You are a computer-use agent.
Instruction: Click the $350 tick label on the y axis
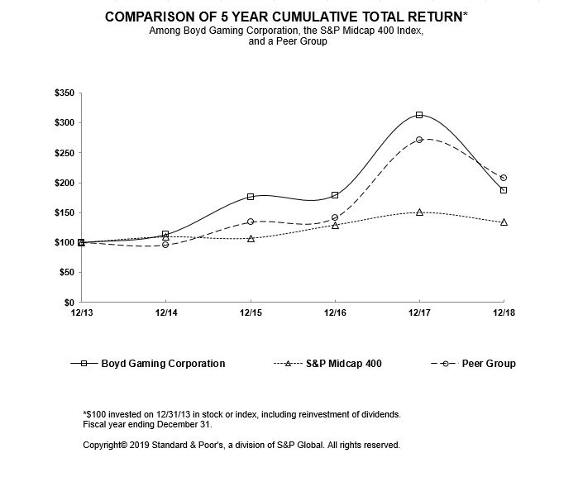(64, 93)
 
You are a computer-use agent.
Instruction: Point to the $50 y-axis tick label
(66, 272)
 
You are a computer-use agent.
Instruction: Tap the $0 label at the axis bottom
(69, 303)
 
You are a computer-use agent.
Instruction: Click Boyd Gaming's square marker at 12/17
(419, 115)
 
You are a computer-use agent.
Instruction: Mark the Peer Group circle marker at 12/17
(419, 140)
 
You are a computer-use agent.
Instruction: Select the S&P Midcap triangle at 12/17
(419, 212)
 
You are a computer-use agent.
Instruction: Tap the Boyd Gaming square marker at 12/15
(251, 197)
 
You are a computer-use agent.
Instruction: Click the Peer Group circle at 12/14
(165, 245)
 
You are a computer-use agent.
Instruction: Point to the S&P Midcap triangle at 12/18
(504, 222)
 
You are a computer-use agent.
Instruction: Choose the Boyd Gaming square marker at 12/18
(504, 190)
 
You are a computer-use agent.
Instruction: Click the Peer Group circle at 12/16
(335, 218)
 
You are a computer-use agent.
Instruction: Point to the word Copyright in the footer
(104, 445)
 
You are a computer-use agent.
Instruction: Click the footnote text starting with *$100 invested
(241, 413)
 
